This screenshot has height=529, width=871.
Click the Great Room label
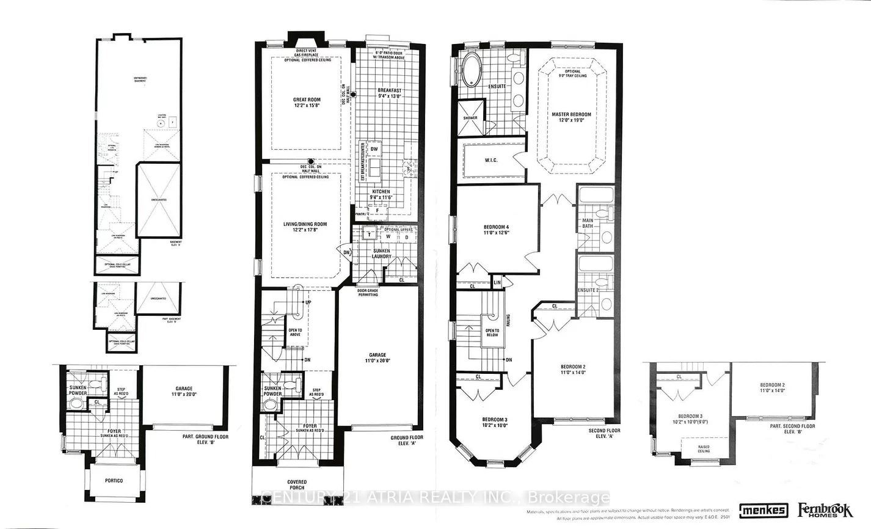pyautogui.click(x=306, y=100)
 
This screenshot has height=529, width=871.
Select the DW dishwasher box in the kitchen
pyautogui.click(x=374, y=149)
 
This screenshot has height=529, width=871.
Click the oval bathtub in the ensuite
pyautogui.click(x=471, y=70)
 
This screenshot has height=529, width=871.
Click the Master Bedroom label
pyautogui.click(x=571, y=114)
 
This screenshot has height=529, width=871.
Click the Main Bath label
pyautogui.click(x=587, y=224)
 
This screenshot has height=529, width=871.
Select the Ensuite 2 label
pyautogui.click(x=589, y=290)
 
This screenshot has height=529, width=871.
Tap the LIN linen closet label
pyautogui.click(x=497, y=282)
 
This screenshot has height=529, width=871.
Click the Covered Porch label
pyautogui.click(x=297, y=485)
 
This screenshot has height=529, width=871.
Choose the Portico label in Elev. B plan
pyautogui.click(x=113, y=481)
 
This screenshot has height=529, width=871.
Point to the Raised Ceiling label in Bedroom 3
pyautogui.click(x=704, y=448)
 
